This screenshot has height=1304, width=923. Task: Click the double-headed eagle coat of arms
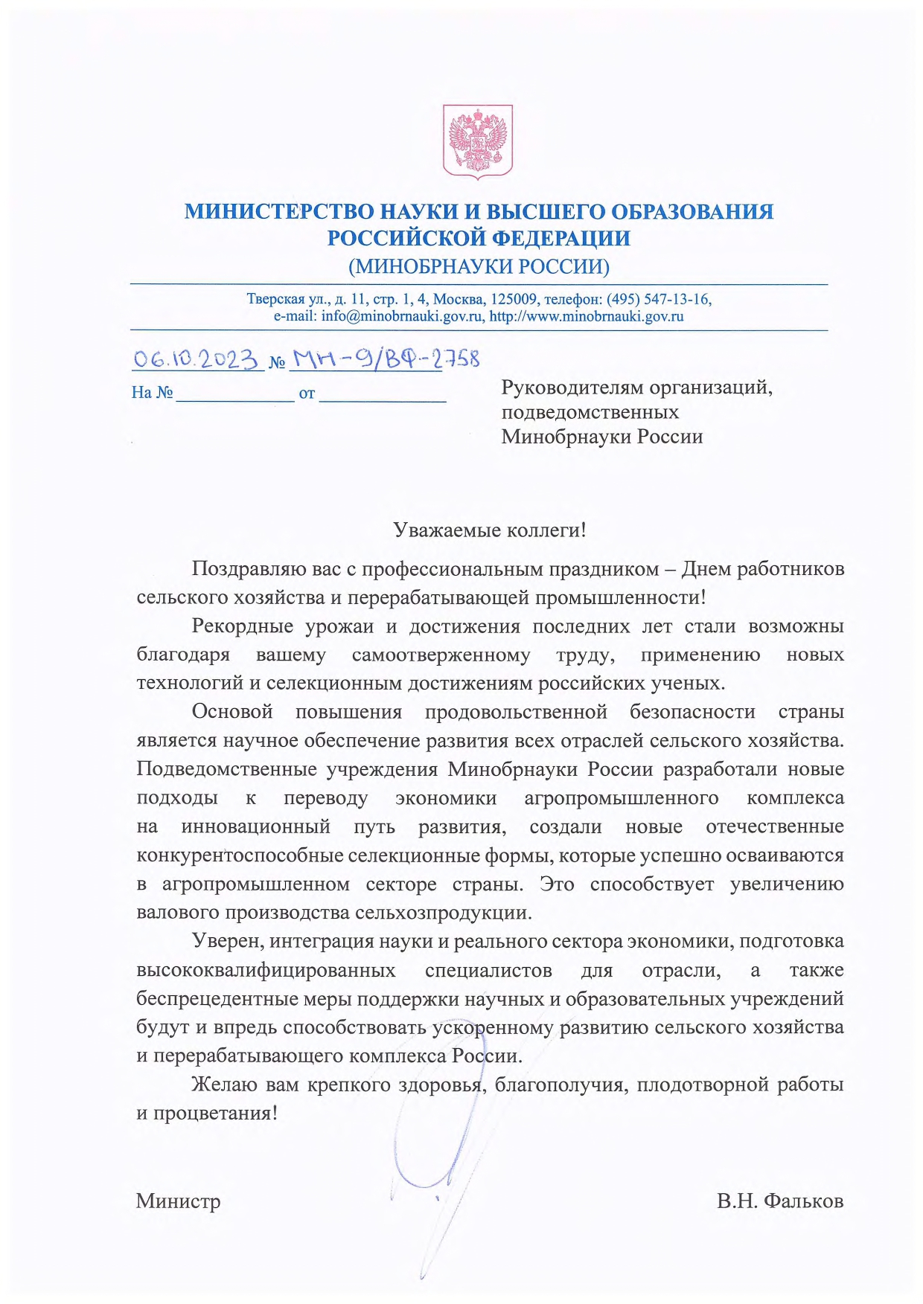(478, 141)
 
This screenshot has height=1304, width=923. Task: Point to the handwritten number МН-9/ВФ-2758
(384, 360)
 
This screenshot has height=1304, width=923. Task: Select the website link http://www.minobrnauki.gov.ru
(587, 316)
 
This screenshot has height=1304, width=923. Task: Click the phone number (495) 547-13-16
(658, 299)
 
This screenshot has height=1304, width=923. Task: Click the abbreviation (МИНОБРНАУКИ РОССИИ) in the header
(479, 266)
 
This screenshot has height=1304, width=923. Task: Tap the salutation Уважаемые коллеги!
(489, 530)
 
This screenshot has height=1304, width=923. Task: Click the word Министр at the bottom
(178, 1201)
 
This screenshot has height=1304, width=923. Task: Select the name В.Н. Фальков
(780, 1201)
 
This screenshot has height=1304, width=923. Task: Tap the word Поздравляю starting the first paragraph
(249, 569)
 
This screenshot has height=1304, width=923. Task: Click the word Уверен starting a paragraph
(226, 942)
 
